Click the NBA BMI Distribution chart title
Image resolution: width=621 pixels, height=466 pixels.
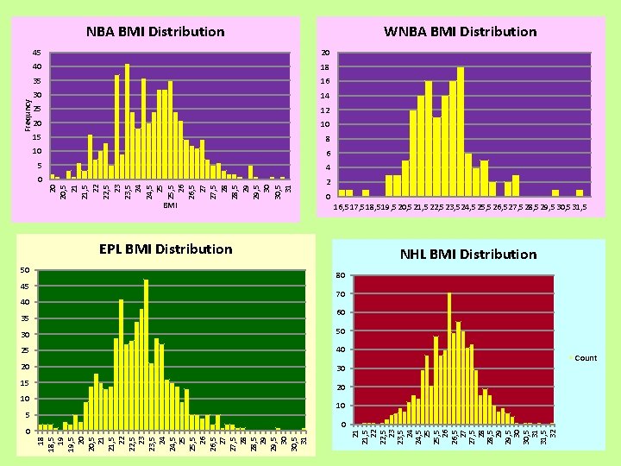click(x=155, y=32)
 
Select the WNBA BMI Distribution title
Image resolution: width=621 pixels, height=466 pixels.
click(x=460, y=32)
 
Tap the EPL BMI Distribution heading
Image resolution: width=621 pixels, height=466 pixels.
click(x=166, y=249)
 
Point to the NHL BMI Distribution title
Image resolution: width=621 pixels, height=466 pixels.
click(x=468, y=255)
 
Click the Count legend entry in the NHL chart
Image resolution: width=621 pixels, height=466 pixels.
click(x=585, y=358)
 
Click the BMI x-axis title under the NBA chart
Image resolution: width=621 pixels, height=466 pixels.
click(x=170, y=205)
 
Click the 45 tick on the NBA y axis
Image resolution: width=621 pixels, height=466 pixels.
click(x=36, y=52)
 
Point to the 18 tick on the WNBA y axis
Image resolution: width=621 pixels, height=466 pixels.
click(x=325, y=66)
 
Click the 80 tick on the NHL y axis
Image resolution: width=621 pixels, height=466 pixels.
click(x=342, y=276)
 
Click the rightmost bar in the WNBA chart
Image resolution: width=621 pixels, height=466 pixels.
click(x=580, y=192)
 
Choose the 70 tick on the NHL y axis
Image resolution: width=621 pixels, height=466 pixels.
click(x=342, y=294)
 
